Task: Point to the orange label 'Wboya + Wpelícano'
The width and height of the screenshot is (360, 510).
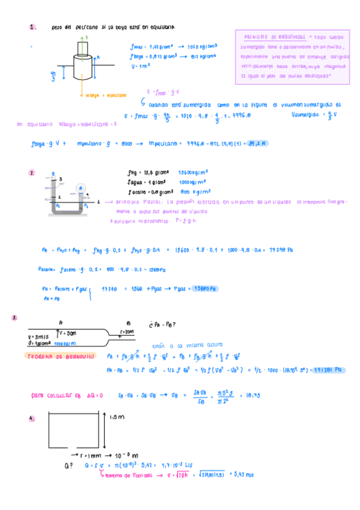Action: click(106, 95)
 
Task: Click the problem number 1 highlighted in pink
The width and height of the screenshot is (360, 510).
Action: click(32, 27)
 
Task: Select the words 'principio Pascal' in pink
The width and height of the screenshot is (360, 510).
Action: click(142, 202)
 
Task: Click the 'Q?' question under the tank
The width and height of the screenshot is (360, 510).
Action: click(68, 465)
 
